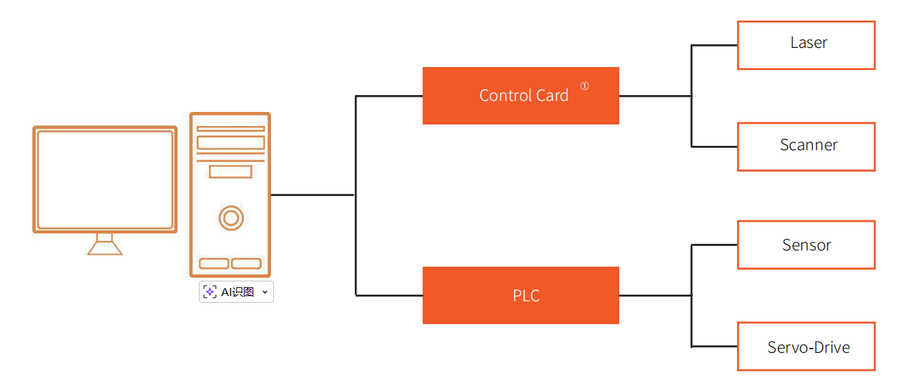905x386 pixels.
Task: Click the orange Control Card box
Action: pos(520,96)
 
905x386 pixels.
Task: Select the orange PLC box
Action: pos(520,295)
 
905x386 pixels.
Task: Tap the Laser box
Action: pos(806,45)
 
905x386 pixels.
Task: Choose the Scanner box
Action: pos(806,147)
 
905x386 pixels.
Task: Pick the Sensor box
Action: pos(806,245)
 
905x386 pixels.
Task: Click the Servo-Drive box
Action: pos(806,346)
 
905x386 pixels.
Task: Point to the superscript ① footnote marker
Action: pos(585,85)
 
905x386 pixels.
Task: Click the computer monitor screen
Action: pos(105,180)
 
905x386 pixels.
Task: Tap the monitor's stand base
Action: pos(105,248)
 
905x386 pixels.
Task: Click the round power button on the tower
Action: pos(230,217)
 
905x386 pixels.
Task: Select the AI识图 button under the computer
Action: pos(236,292)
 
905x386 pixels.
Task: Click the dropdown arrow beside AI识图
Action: pos(265,292)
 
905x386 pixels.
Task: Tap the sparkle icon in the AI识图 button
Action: pos(210,292)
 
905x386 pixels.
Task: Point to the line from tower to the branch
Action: pos(312,195)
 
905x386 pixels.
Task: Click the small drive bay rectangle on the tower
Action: pos(230,172)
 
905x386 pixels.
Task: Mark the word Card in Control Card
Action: pos(552,96)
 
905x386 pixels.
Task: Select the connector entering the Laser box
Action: pos(714,45)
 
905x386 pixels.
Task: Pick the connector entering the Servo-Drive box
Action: pos(714,346)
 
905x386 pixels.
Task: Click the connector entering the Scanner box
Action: pos(714,147)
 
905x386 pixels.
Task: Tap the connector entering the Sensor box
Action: pos(714,245)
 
